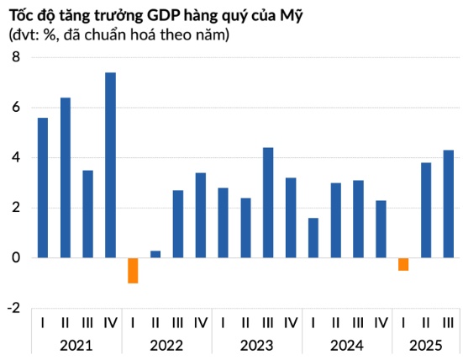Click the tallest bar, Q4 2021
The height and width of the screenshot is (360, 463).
pyautogui.click(x=110, y=166)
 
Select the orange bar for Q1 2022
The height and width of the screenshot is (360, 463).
pyautogui.click(x=133, y=271)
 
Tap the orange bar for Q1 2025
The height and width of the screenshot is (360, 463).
pyautogui.click(x=403, y=264)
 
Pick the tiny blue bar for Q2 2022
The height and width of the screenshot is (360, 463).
pyautogui.click(x=155, y=254)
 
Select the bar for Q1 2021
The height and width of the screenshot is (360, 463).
pyautogui.click(x=43, y=188)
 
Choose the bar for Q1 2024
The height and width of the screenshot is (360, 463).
pyautogui.click(x=313, y=238)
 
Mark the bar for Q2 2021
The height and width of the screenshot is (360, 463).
pyautogui.click(x=66, y=177)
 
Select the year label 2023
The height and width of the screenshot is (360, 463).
pyautogui.click(x=256, y=345)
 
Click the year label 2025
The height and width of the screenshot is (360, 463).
pyautogui.click(x=426, y=345)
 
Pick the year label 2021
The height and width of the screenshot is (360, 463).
pyautogui.click(x=76, y=345)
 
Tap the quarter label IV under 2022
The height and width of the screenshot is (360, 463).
pyautogui.click(x=200, y=322)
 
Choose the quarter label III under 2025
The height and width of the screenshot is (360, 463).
pyautogui.click(x=449, y=322)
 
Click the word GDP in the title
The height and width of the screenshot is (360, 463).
pyautogui.click(x=149, y=14)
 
